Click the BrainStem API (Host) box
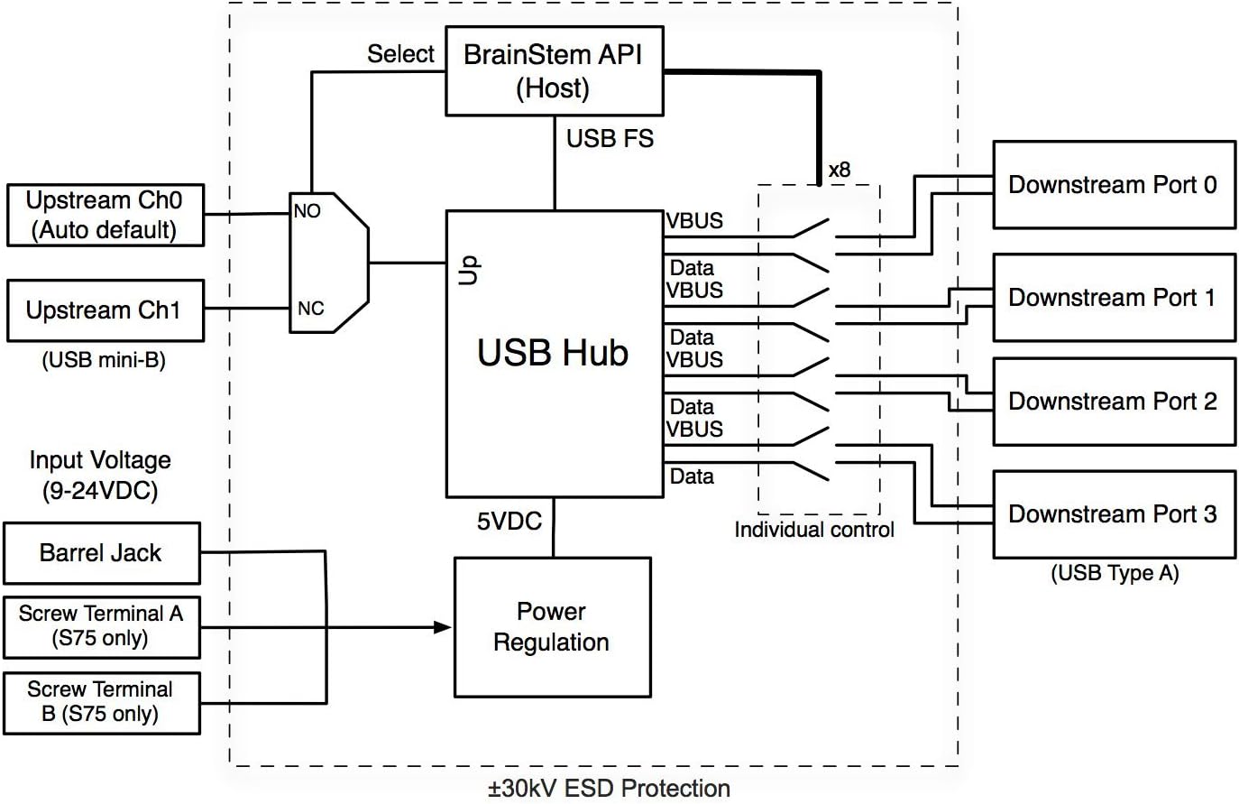point(554,71)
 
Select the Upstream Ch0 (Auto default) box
point(105,215)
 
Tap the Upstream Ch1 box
point(105,310)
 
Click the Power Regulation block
point(552,627)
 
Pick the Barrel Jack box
point(101,553)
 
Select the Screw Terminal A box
point(101,626)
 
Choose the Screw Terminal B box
point(101,702)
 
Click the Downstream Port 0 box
point(1113,185)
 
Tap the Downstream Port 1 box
point(1113,298)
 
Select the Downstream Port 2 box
point(1113,402)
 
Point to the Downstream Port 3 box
point(1113,514)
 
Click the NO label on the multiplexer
point(307,211)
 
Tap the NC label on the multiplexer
point(310,309)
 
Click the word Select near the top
point(400,54)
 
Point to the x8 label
point(839,170)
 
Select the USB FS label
point(610,139)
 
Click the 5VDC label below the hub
point(509,521)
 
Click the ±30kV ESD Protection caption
point(609,789)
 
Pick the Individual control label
point(813,530)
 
